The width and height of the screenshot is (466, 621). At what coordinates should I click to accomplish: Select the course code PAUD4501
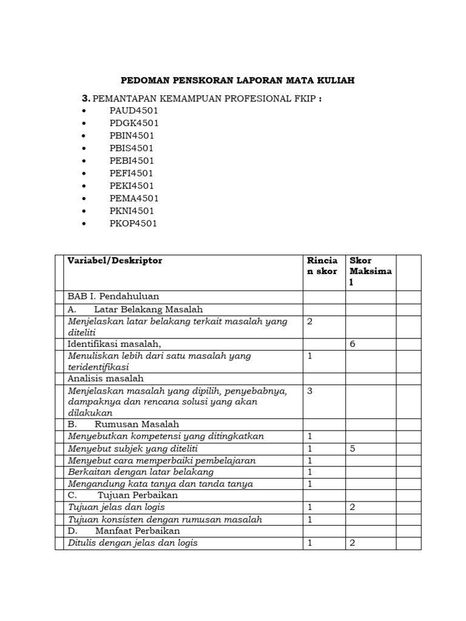(133, 110)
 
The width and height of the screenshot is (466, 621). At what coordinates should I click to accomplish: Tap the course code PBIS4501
(132, 148)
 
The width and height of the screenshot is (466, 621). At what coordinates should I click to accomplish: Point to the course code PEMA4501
(134, 198)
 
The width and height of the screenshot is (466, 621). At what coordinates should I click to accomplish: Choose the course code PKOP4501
(133, 224)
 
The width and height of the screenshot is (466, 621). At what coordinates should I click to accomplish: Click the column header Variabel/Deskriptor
(115, 261)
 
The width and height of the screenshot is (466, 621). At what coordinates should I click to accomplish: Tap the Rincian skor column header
(323, 266)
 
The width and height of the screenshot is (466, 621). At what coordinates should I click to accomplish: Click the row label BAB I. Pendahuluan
(113, 297)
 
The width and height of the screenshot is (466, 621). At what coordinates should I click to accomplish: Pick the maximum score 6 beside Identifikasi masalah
(353, 344)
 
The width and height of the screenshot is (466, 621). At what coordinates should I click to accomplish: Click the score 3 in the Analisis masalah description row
(310, 391)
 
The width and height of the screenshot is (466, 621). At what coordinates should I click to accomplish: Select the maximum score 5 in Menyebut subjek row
(353, 449)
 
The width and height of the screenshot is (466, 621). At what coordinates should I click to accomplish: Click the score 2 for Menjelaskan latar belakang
(310, 321)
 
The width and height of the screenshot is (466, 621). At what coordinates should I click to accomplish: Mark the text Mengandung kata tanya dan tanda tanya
(160, 483)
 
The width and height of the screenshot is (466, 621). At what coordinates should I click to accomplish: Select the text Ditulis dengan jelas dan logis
(133, 543)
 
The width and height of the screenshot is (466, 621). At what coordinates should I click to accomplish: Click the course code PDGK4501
(134, 123)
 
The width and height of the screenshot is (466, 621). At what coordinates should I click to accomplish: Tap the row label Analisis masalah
(106, 378)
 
